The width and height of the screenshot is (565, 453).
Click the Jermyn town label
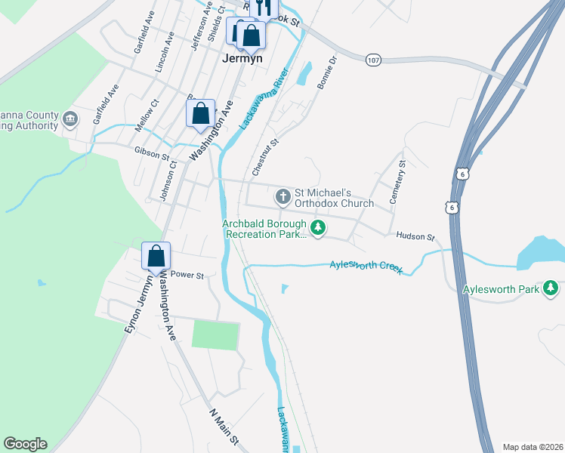point(242,57)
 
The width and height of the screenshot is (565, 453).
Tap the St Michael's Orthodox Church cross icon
point(283,198)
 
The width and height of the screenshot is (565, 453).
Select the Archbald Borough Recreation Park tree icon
point(319,227)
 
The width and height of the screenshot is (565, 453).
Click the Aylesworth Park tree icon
point(551,288)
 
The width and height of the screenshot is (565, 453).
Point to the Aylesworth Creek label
point(366,267)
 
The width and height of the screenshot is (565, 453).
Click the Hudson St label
point(415,236)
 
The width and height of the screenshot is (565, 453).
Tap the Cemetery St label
point(397,182)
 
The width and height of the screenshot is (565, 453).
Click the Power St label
point(187,276)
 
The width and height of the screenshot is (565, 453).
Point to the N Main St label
point(224,427)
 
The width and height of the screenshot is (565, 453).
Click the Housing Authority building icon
point(70,118)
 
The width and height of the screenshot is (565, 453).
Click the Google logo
point(25,444)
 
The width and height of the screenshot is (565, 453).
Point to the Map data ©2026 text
point(533,447)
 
